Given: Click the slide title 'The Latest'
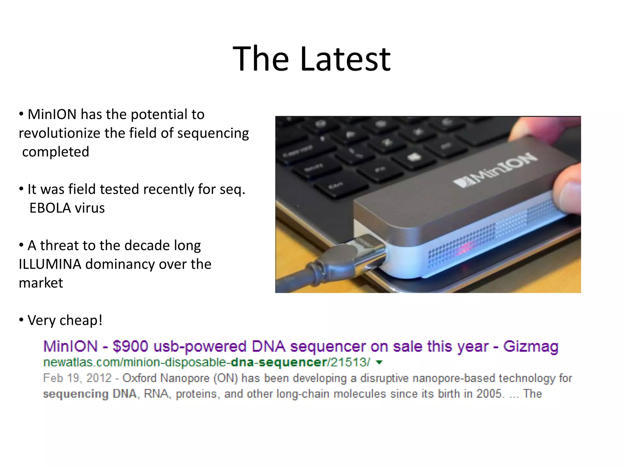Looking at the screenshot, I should [x=311, y=58].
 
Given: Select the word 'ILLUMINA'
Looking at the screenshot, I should [x=50, y=264].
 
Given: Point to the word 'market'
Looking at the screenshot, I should [x=41, y=283].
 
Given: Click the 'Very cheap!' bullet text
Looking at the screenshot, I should [x=65, y=320].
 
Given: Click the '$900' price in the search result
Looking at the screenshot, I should [x=130, y=346].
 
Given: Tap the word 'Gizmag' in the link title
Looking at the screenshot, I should [x=530, y=346].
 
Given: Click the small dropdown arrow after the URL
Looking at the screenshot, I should [x=379, y=362].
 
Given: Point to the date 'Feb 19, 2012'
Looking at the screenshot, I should [x=77, y=378].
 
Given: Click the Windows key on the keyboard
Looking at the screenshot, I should [x=414, y=157].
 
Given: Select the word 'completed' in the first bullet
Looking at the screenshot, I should [x=55, y=152].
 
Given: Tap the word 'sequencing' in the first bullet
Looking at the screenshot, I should [x=213, y=133].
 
